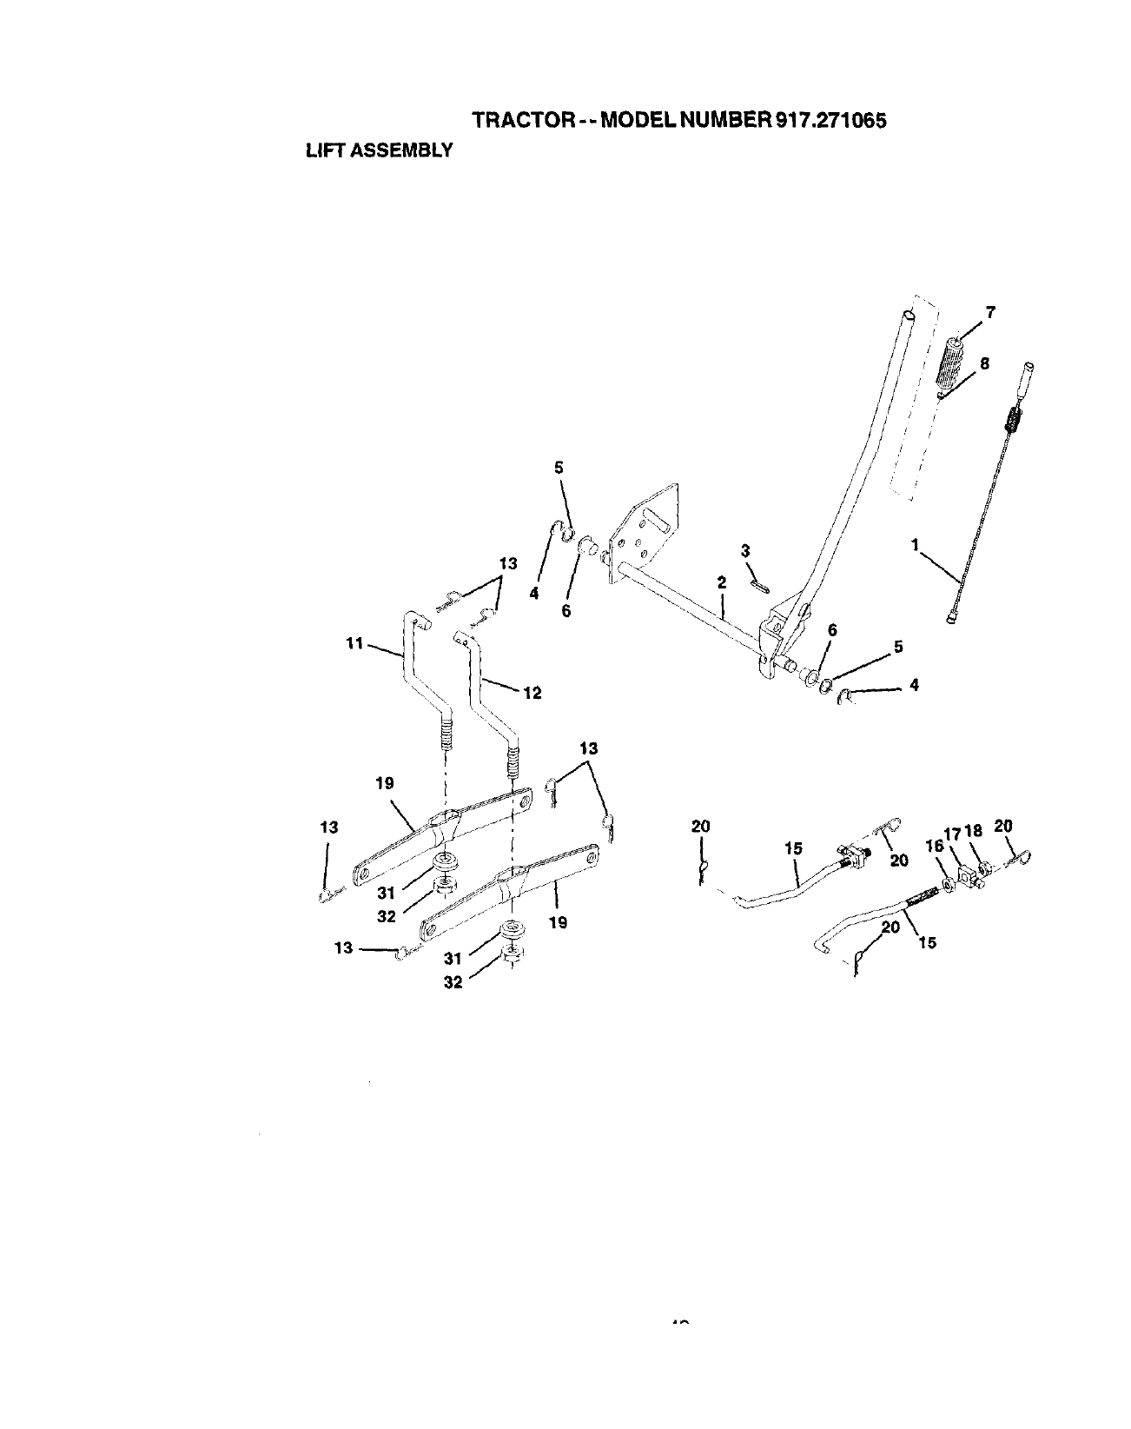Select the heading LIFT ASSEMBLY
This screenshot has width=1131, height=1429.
[x=380, y=150]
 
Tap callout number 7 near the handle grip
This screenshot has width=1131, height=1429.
[x=989, y=313]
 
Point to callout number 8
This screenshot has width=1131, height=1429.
[x=984, y=365]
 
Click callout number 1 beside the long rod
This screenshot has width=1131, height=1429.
[x=915, y=545]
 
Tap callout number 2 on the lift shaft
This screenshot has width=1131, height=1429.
[x=721, y=584]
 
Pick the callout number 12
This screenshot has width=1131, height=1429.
[x=532, y=693]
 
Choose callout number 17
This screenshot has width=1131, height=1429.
[x=952, y=833]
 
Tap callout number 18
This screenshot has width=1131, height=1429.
[x=973, y=831]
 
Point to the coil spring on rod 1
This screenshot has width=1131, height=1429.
[x=1012, y=423]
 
